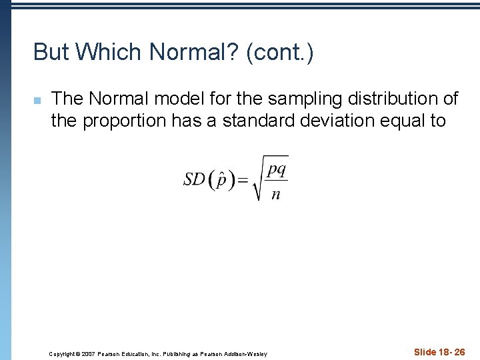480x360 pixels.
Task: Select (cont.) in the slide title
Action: coord(279,52)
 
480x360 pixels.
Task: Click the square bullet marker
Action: coord(37,101)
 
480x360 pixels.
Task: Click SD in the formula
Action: coord(194,179)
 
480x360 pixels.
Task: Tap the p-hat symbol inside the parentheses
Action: coord(221,180)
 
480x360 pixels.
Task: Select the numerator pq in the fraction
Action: coord(276,169)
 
